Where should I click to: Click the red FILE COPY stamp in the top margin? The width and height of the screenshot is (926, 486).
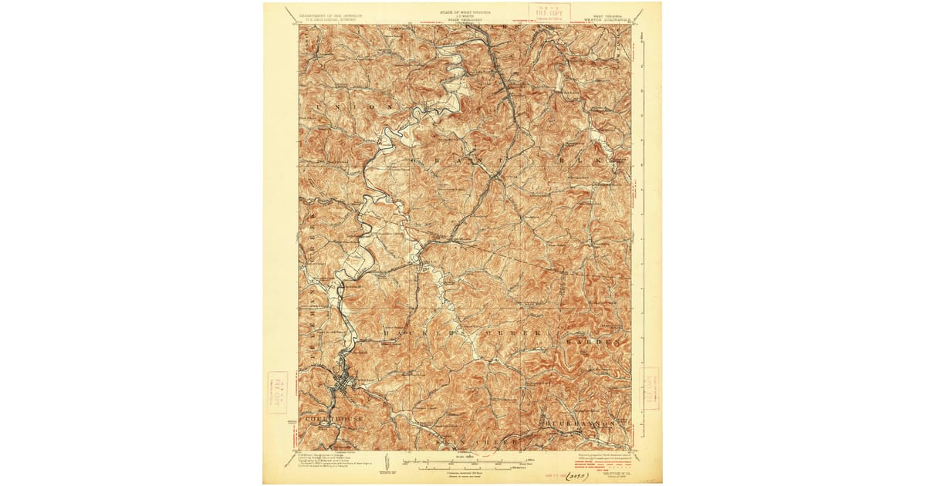549,12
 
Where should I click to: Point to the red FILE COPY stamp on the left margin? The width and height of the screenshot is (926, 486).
277,392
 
